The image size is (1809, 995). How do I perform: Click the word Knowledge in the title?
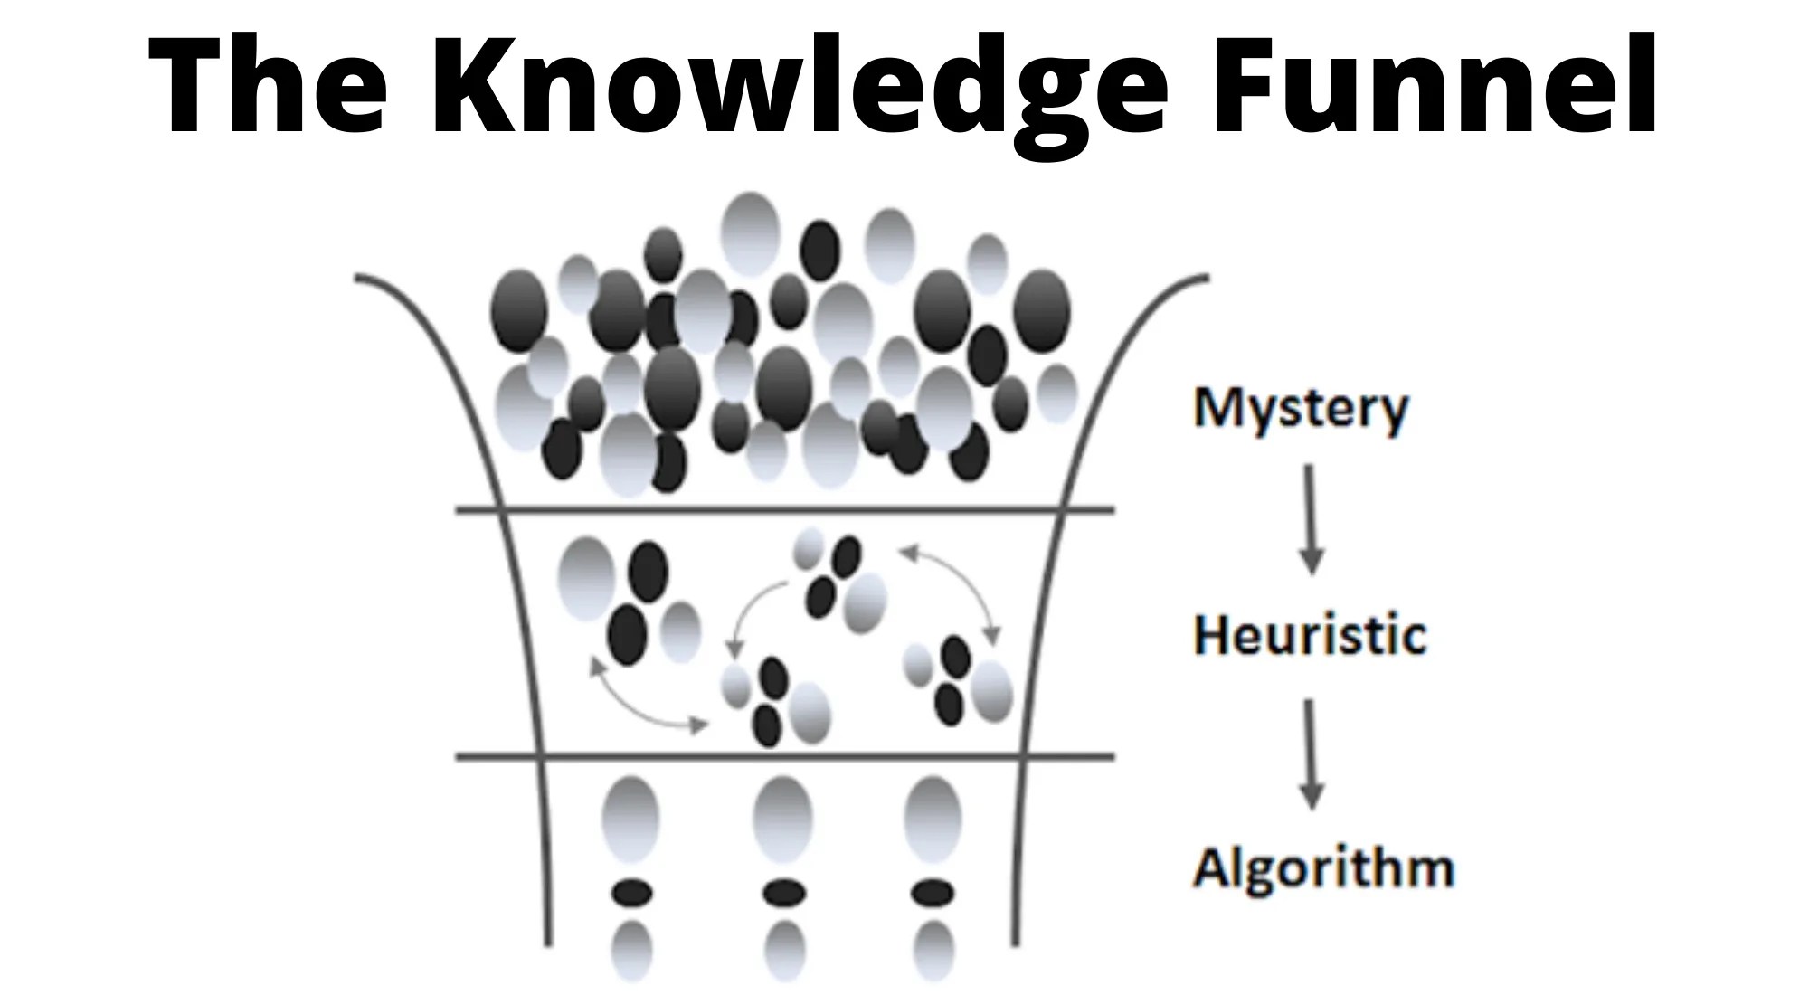coord(796,86)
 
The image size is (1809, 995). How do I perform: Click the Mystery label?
coord(1301,409)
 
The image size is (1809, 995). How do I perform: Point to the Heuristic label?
coord(1310,635)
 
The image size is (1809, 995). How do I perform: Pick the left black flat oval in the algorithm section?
coord(631,894)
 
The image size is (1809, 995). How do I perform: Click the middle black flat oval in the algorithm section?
coord(783,894)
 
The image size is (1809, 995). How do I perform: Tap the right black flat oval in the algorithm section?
coord(933,894)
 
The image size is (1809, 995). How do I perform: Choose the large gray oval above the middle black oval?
coord(783,819)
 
